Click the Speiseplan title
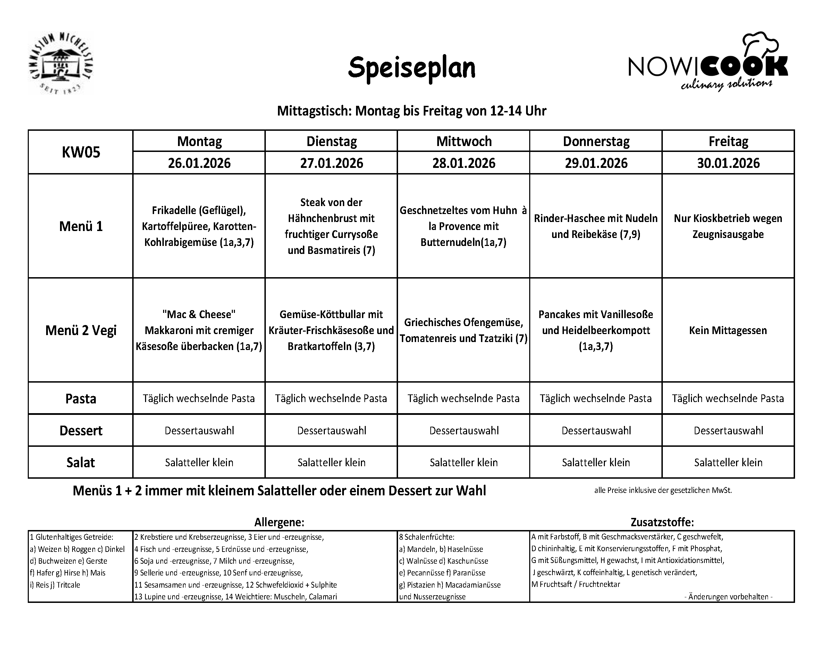(411, 68)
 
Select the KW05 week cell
(81, 152)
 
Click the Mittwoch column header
(464, 141)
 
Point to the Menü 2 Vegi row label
(81, 330)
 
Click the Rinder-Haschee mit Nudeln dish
(595, 226)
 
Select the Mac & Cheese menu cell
(199, 330)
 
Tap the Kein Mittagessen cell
(728, 330)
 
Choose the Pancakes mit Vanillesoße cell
(595, 330)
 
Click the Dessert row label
(81, 430)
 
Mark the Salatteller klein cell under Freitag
(728, 462)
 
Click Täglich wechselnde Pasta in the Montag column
(199, 399)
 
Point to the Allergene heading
(279, 522)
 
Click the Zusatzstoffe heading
(662, 522)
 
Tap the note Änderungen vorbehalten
(728, 596)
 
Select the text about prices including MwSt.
(663, 490)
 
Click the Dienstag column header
(331, 141)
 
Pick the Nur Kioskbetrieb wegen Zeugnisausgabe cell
(728, 226)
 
